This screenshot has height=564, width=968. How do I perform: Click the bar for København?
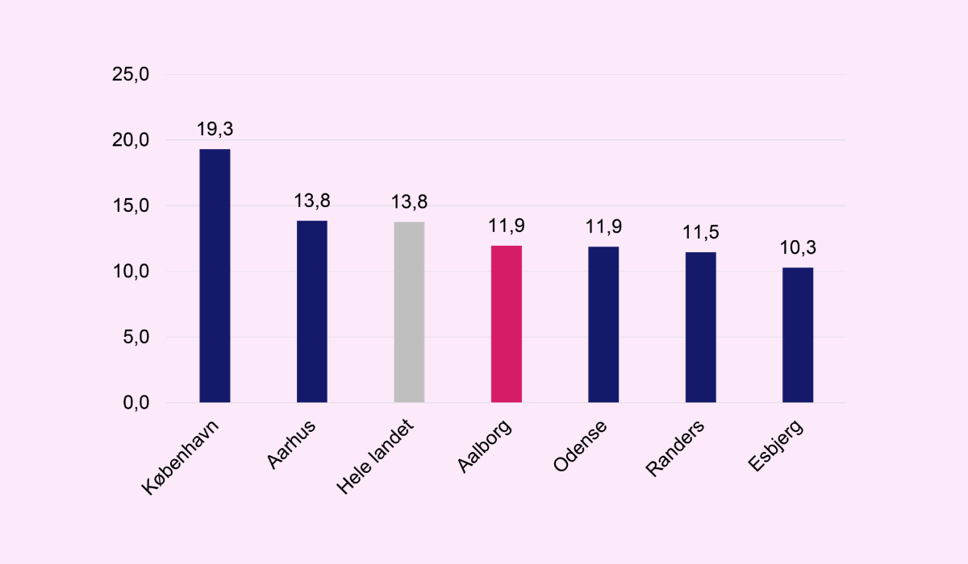pyautogui.click(x=215, y=276)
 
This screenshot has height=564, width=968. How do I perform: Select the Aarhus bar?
pyautogui.click(x=312, y=311)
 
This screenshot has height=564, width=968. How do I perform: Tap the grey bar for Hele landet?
pyautogui.click(x=409, y=312)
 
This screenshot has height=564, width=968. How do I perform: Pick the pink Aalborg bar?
pyautogui.click(x=507, y=324)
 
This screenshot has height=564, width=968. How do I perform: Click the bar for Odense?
pyautogui.click(x=603, y=324)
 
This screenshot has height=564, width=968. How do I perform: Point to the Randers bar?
pyautogui.click(x=700, y=327)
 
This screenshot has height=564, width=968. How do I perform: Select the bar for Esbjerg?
pyautogui.click(x=798, y=334)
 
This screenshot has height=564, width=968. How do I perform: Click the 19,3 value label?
pyautogui.click(x=215, y=129)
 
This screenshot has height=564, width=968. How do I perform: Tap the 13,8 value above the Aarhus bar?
pyautogui.click(x=312, y=201)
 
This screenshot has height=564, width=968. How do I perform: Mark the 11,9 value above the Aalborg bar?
pyautogui.click(x=507, y=226)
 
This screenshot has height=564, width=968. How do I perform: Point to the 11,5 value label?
pyautogui.click(x=700, y=233)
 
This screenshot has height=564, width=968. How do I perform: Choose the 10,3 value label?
pyautogui.click(x=798, y=247)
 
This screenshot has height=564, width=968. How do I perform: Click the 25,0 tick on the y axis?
pyautogui.click(x=131, y=75)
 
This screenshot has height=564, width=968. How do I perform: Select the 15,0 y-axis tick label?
pyautogui.click(x=131, y=206)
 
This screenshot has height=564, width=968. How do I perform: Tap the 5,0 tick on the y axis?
pyautogui.click(x=135, y=338)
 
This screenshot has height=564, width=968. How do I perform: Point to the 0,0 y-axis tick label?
pyautogui.click(x=135, y=403)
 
